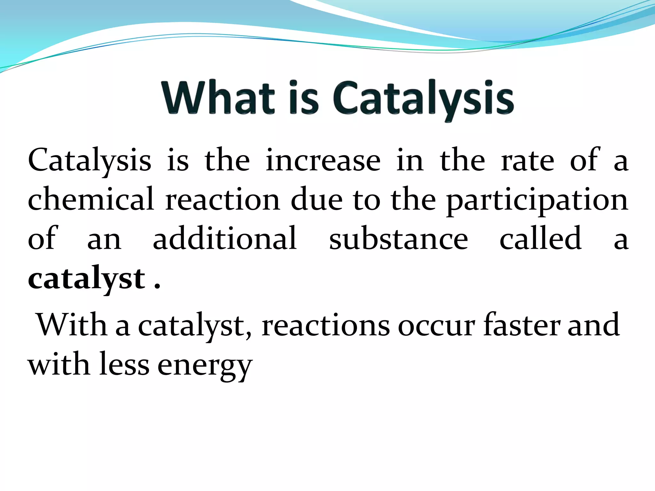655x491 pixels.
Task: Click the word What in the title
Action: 218,97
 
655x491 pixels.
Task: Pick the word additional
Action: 225,238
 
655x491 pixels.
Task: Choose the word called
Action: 541,238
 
